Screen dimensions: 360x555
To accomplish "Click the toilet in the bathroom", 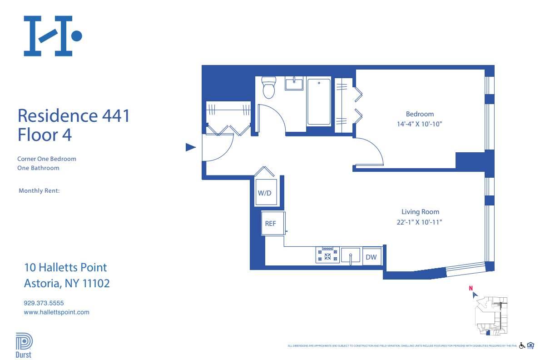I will coord(269,88).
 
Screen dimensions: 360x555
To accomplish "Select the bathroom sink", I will coord(294,84).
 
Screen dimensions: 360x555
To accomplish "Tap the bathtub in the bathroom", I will coord(319,102).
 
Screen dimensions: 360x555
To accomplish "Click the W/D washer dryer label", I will coord(264,193).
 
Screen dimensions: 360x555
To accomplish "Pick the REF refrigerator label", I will coord(271,224).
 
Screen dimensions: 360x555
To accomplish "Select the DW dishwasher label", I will coord(371,257).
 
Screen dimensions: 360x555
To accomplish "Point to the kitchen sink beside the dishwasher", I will coord(350,256).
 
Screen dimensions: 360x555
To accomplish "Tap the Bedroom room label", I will coord(420,114).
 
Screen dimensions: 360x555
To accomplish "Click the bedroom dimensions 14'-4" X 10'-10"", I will coord(420,124).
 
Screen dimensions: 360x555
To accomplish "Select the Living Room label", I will coord(420,212).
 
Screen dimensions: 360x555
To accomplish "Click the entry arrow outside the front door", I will coord(191,147).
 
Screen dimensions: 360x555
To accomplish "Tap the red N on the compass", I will coord(471,288).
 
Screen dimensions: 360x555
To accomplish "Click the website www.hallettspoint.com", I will coord(56,312).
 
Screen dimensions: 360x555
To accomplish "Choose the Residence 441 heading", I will coord(74,115).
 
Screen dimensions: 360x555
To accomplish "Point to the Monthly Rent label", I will coord(39,191).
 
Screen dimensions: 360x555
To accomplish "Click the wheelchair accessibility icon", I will coord(522,345).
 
